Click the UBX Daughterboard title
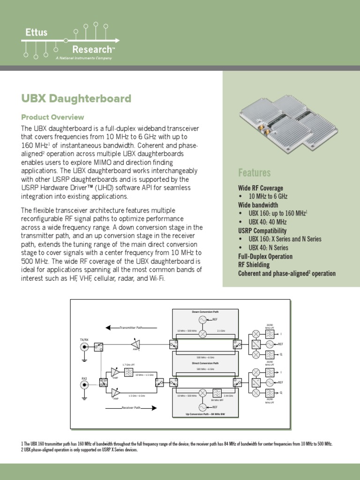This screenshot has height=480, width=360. click(x=76, y=99)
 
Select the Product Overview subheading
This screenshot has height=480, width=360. click(x=52, y=117)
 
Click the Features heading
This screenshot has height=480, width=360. click(x=254, y=173)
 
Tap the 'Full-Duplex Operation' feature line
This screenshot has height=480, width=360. click(x=265, y=256)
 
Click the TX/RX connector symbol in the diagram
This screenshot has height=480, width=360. click(x=85, y=347)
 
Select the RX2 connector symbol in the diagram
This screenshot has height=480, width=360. click(x=85, y=385)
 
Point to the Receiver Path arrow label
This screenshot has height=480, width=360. click(x=131, y=408)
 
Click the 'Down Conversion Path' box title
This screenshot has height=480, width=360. click(x=205, y=312)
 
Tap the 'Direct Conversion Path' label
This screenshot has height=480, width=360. click(x=205, y=363)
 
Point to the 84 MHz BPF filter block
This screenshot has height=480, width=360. click(x=217, y=393)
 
